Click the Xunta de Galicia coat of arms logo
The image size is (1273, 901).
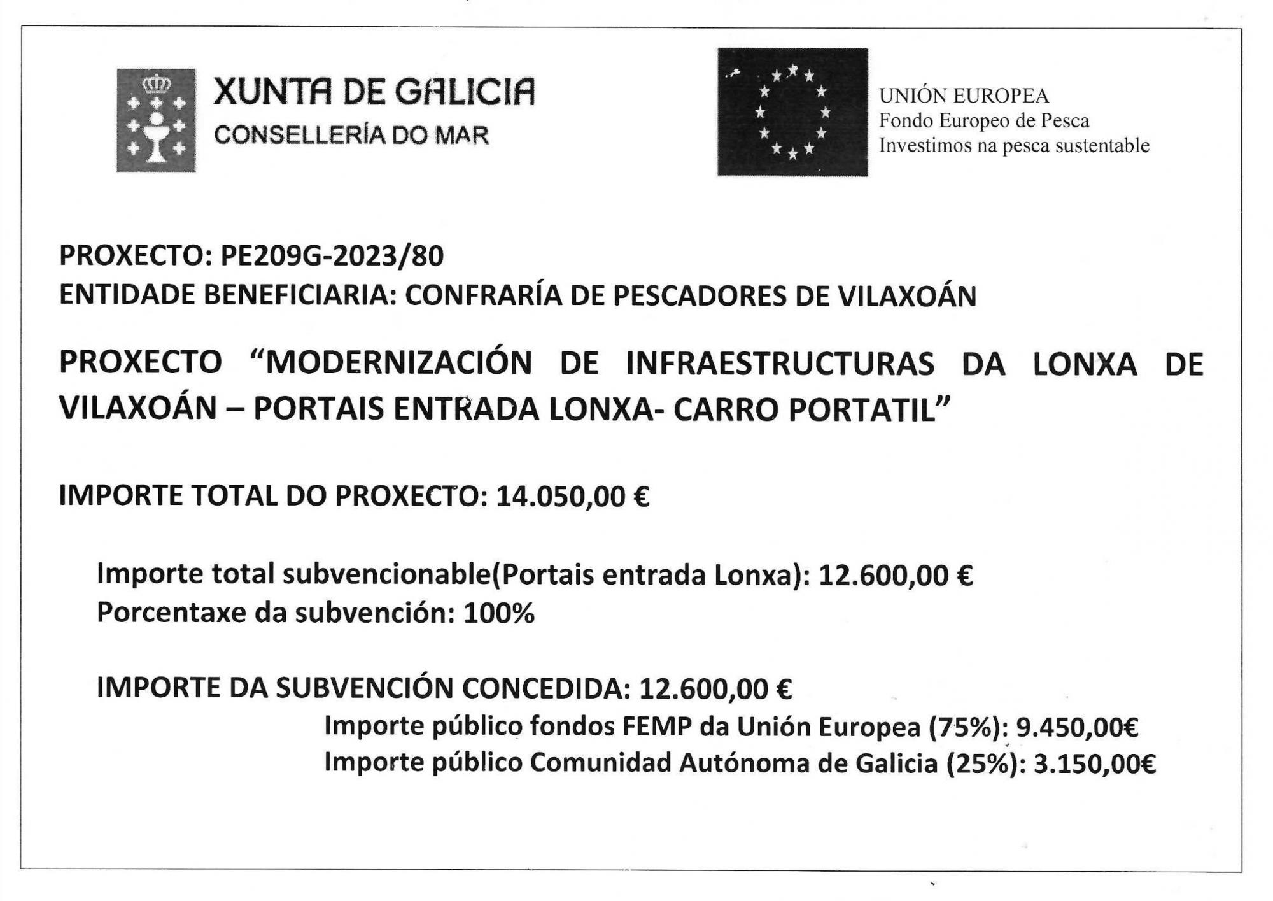click(156, 120)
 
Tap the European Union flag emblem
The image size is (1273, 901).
click(792, 112)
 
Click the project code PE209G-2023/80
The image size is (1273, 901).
click(332, 256)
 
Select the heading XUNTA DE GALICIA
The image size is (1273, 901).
click(374, 92)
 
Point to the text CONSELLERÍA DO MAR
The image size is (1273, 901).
click(351, 135)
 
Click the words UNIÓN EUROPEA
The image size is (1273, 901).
click(964, 96)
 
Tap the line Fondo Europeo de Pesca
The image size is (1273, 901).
click(984, 120)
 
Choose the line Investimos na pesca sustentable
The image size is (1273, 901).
click(1014, 145)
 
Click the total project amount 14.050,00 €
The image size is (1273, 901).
click(572, 496)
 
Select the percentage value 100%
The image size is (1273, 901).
click(499, 613)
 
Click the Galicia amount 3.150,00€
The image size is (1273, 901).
click(1094, 763)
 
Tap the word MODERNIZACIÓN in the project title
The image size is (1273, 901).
click(398, 363)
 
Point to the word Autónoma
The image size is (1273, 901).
click(744, 763)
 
